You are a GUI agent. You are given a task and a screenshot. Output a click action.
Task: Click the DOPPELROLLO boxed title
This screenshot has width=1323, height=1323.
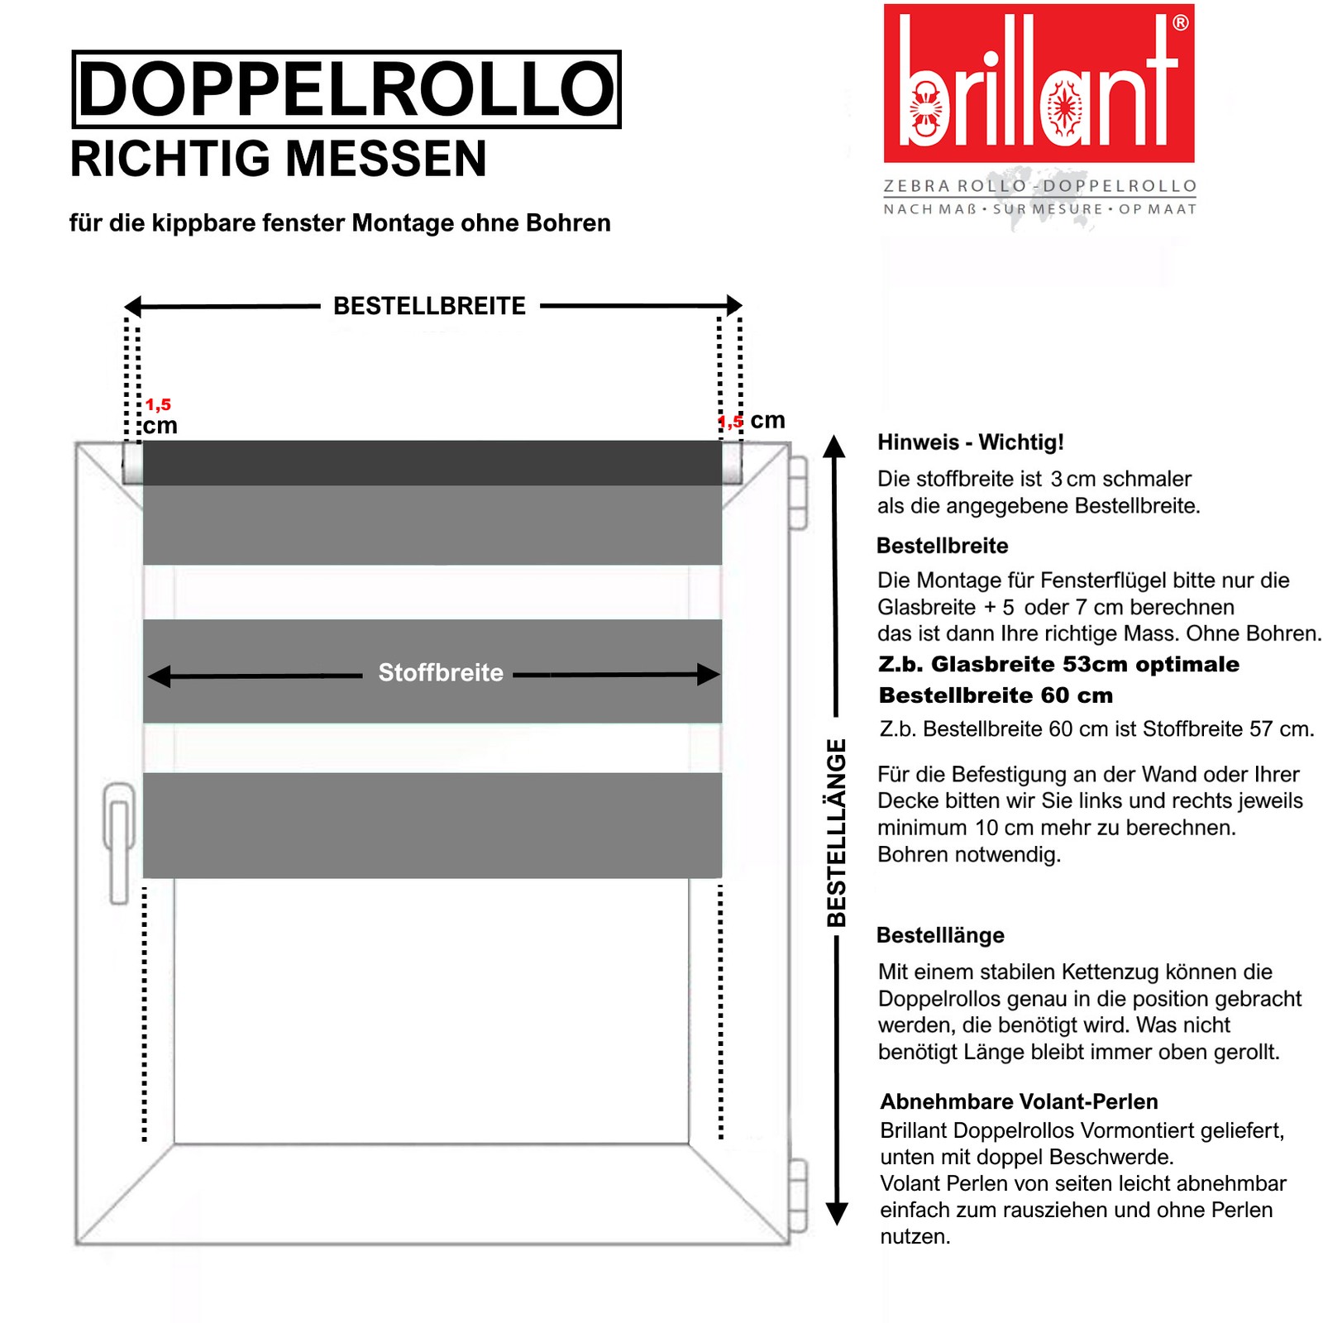tap(346, 89)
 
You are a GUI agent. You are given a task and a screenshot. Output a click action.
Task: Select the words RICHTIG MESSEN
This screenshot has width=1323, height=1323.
tap(278, 159)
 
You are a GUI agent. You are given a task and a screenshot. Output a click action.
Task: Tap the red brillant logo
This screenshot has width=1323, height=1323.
tap(1039, 83)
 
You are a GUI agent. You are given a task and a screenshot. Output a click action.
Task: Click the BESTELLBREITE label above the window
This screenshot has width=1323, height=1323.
tap(429, 306)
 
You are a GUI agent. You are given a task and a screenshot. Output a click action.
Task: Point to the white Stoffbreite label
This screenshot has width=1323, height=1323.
tap(440, 673)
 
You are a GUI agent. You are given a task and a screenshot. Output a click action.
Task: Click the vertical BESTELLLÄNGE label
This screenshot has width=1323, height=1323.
tap(837, 832)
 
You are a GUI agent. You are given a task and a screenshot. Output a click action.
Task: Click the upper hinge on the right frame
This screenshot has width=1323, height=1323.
tap(797, 493)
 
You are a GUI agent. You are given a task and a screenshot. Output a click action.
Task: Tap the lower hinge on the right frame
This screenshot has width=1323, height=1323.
tap(797, 1194)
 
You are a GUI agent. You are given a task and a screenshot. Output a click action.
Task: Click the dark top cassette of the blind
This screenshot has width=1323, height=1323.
tap(432, 462)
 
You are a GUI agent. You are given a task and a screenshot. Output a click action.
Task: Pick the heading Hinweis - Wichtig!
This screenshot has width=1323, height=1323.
tap(970, 442)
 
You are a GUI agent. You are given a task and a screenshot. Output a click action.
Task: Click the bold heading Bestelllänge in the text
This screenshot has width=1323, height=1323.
tap(940, 935)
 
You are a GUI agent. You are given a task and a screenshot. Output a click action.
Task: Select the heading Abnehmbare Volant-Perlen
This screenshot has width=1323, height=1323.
tap(1019, 1101)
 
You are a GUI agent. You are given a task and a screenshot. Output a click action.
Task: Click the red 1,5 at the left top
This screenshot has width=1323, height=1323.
tap(158, 404)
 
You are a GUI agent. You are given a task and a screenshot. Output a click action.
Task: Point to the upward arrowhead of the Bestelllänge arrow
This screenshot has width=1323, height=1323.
tap(835, 446)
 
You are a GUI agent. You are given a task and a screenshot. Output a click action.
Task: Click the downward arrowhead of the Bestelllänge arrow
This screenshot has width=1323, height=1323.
tap(837, 1213)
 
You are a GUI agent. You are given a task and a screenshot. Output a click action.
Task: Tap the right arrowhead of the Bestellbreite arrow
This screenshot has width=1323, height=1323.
tap(733, 305)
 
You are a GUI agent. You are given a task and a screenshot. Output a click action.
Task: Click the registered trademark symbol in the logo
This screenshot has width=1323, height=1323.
tap(1181, 23)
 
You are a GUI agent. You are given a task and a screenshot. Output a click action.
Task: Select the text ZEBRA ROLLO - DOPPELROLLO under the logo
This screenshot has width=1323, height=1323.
tap(1039, 186)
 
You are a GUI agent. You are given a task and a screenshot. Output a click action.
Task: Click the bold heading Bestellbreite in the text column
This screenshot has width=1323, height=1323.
tap(942, 546)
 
